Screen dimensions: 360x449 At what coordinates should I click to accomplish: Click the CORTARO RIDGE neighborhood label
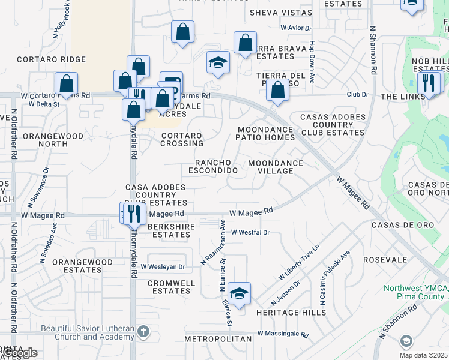click(x=51, y=60)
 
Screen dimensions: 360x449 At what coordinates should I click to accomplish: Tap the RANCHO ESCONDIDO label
click(x=213, y=167)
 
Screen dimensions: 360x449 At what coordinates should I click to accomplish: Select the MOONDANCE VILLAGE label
click(x=276, y=167)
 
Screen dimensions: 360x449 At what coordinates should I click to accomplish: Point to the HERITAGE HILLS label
click(x=291, y=313)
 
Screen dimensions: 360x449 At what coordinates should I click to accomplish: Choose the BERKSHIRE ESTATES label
click(x=169, y=230)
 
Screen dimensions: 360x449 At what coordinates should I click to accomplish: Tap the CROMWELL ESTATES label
click(x=171, y=287)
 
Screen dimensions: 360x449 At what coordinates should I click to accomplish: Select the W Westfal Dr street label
click(x=250, y=232)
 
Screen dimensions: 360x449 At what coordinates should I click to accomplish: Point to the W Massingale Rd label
click(x=283, y=334)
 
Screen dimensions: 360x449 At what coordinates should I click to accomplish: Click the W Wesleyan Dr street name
click(x=163, y=266)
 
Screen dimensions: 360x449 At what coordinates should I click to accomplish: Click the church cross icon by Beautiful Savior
click(x=143, y=331)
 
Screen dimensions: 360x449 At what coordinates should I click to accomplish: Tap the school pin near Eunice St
click(x=239, y=293)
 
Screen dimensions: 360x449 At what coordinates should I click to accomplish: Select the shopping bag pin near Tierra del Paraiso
click(x=277, y=91)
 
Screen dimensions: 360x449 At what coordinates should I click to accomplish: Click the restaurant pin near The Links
click(x=428, y=83)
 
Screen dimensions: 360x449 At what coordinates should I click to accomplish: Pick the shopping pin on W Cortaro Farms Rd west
click(x=67, y=83)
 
